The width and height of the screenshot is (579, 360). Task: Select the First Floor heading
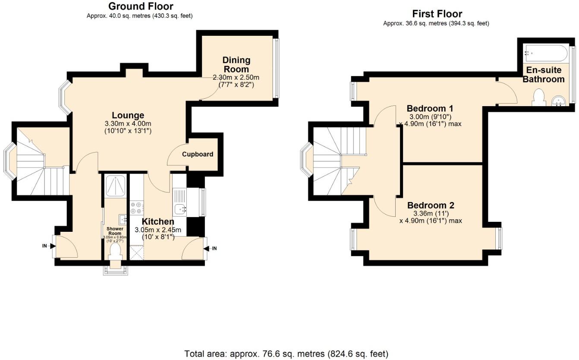[437, 14]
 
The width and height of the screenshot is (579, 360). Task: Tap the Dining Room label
[236, 65]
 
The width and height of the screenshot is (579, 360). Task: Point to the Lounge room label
[128, 115]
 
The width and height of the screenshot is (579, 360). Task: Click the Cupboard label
[198, 154]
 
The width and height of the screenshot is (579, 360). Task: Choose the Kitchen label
[158, 221]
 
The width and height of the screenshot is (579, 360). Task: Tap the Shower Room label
[115, 231]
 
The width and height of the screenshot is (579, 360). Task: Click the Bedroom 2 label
[431, 205]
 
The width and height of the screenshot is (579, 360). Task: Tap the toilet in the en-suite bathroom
[538, 97]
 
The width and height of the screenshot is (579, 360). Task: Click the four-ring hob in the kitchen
[137, 208]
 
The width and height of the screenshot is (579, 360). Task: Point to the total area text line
[286, 354]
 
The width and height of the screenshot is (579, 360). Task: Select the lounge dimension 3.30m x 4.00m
[128, 123]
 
